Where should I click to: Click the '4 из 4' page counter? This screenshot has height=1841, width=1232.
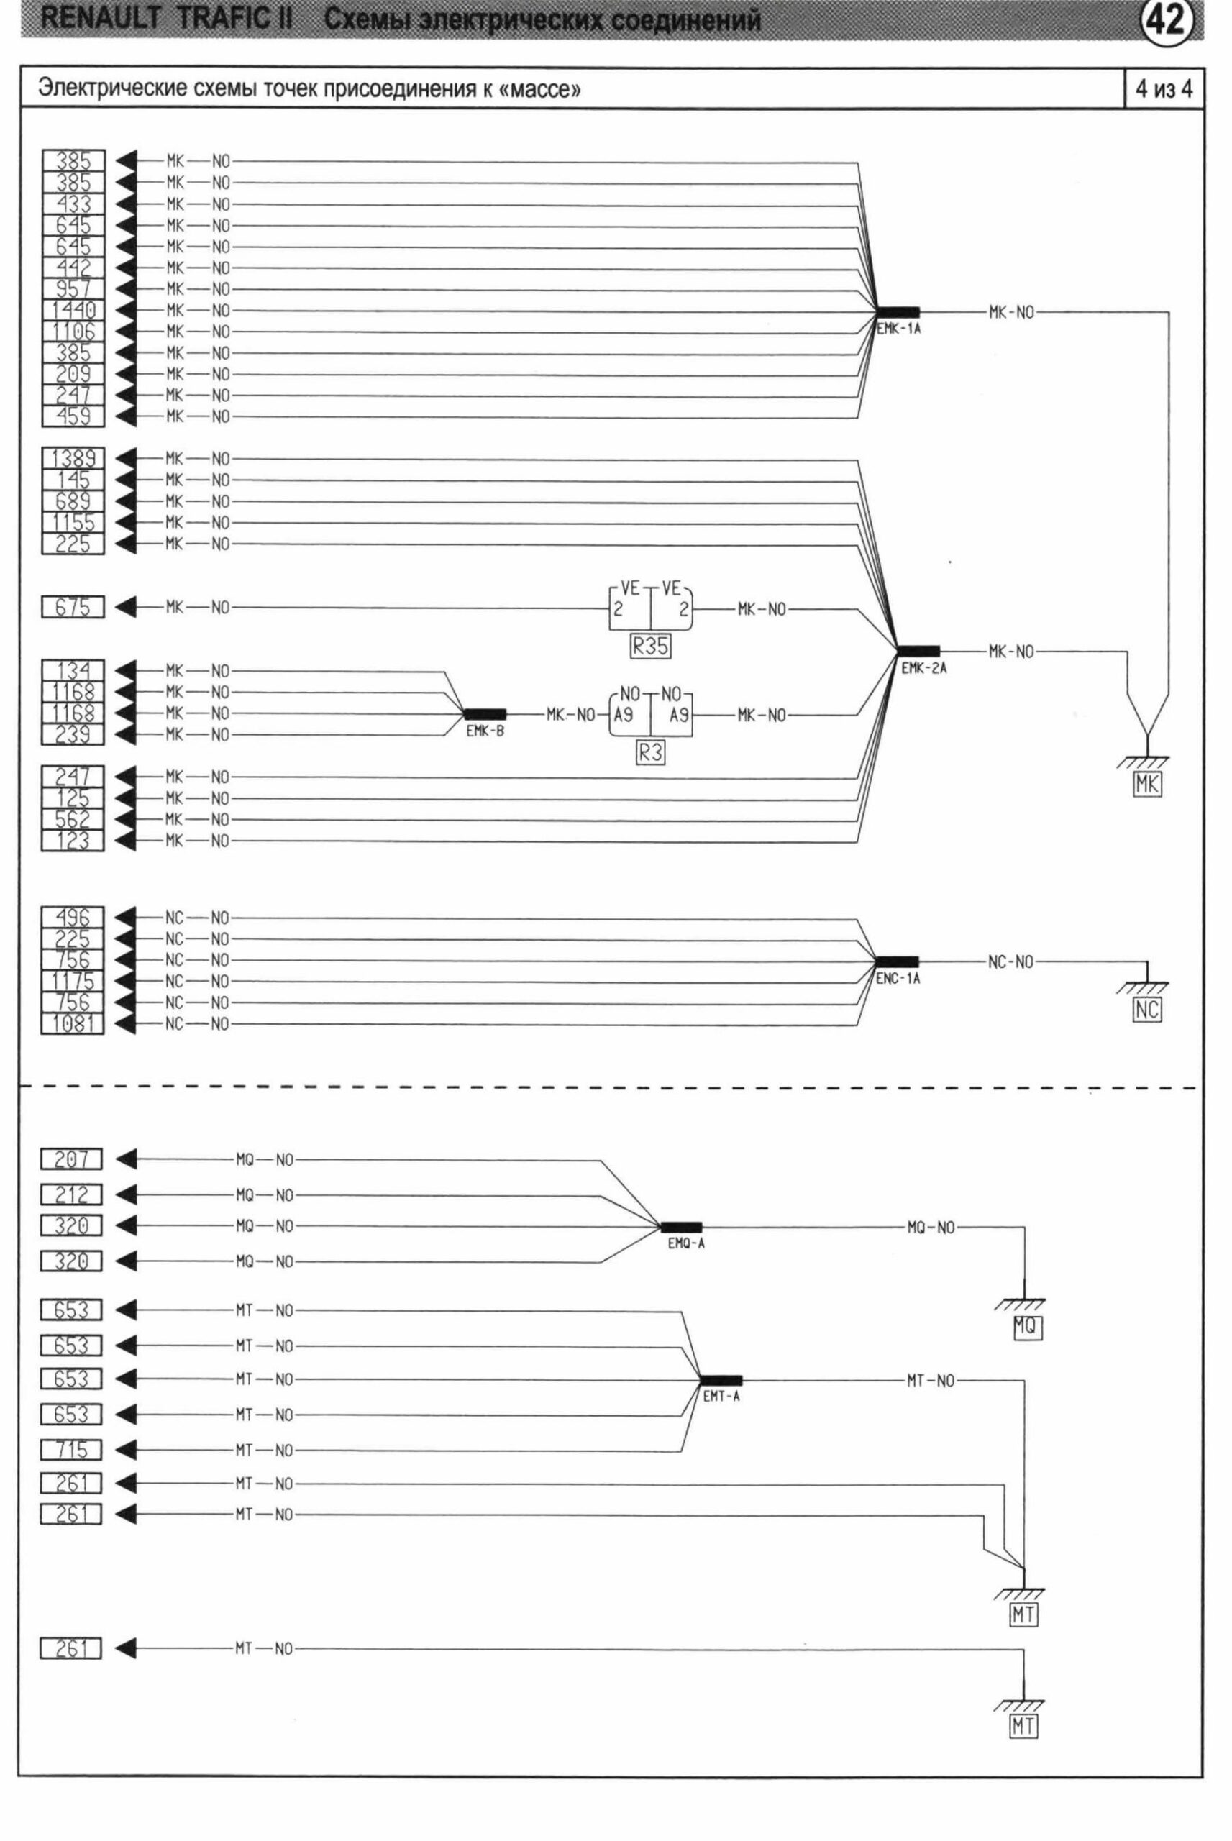[1164, 88]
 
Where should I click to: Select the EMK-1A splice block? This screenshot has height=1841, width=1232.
[898, 312]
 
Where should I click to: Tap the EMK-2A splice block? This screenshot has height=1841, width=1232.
[918, 651]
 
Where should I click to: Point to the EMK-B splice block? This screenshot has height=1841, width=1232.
[485, 714]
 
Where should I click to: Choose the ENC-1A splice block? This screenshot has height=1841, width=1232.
[897, 961]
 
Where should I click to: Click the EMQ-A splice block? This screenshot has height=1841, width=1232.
[681, 1227]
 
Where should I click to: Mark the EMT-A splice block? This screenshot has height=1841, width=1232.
[721, 1380]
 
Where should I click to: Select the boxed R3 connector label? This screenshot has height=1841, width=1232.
[651, 753]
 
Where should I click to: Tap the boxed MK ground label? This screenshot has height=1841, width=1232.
[1147, 784]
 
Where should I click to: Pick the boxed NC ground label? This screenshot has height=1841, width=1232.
[1146, 1010]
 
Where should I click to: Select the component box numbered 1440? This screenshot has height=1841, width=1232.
[73, 310]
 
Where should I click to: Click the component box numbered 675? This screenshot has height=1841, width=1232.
[73, 607]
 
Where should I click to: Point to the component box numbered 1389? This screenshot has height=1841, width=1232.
[73, 459]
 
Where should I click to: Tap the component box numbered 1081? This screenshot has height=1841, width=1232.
[73, 1023]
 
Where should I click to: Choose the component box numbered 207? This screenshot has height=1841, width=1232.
[71, 1159]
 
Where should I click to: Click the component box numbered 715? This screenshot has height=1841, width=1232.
[71, 1449]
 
